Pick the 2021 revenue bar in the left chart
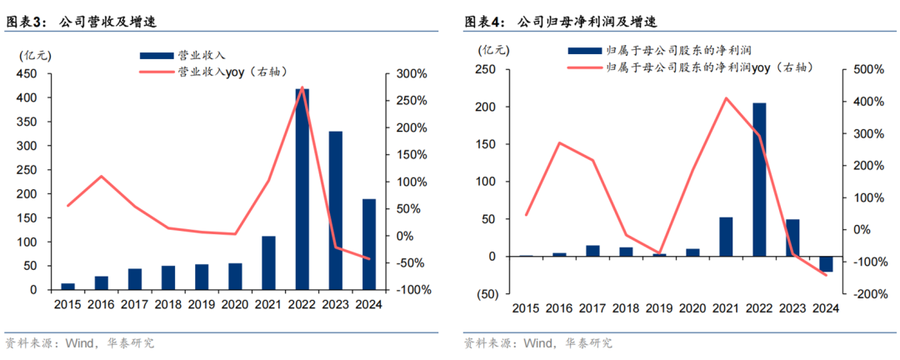coord(268,262)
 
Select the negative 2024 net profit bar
coord(826,263)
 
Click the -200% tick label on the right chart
coord(867,294)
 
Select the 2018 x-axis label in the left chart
coord(167,305)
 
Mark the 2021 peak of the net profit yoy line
coord(726,98)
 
